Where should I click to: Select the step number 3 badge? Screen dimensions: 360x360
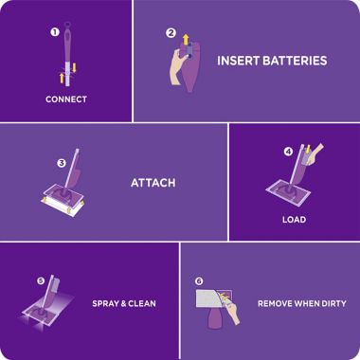(x=62, y=163)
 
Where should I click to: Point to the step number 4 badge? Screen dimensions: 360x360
(x=288, y=150)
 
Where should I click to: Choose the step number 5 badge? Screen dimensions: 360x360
(x=41, y=280)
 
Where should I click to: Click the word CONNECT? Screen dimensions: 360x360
(x=65, y=99)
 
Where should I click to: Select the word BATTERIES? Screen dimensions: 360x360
(x=297, y=61)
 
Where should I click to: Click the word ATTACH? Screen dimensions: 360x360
(x=153, y=183)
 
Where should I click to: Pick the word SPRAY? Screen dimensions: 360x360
(x=106, y=304)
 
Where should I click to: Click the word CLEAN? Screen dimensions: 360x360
(x=141, y=304)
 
